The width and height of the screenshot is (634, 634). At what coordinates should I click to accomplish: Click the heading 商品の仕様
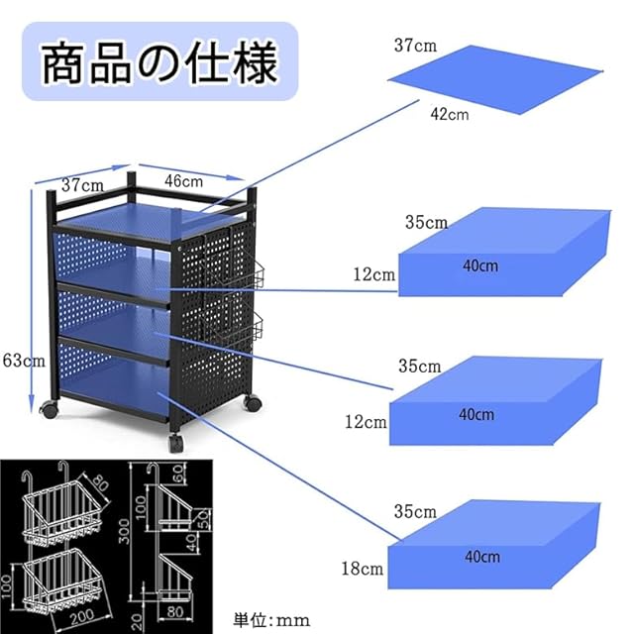pyautogui.click(x=158, y=62)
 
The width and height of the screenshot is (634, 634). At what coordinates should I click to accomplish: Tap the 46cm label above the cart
pyautogui.click(x=183, y=181)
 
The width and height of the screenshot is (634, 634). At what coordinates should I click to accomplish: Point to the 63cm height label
pyautogui.click(x=23, y=362)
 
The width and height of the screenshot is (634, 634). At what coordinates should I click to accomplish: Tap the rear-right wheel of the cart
pyautogui.click(x=252, y=402)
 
